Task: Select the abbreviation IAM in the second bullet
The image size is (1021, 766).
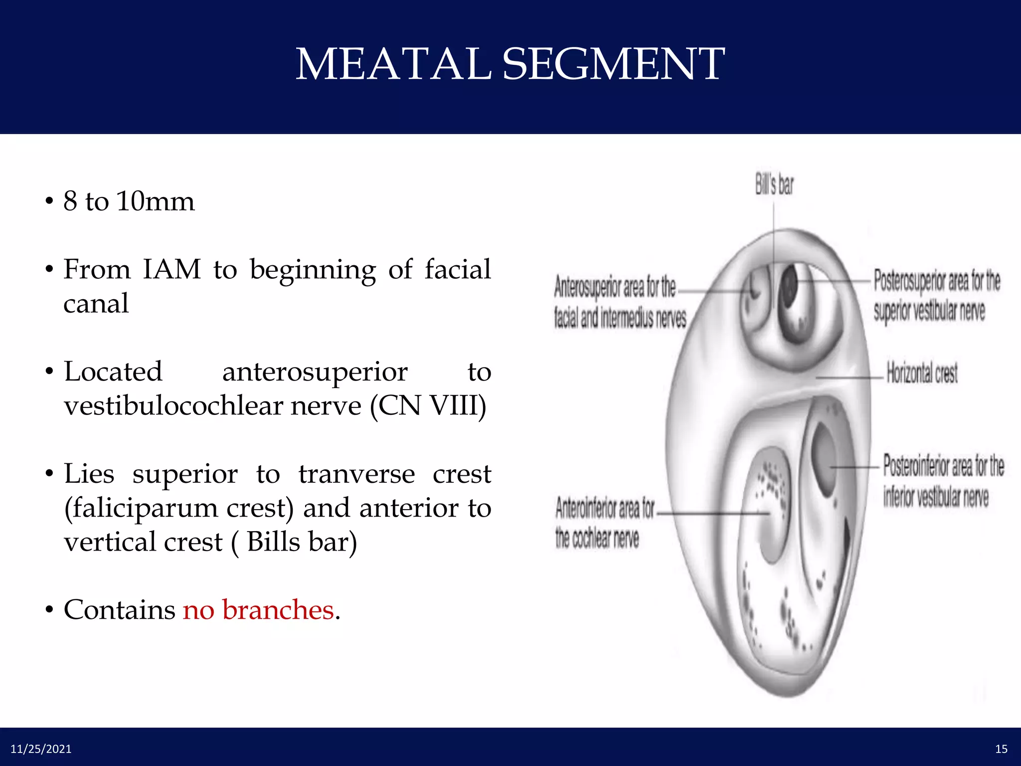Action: pos(172,269)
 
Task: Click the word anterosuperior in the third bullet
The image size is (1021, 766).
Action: pos(315,372)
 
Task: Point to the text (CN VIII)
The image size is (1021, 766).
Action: pos(428,405)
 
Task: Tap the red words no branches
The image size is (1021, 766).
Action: pos(258,609)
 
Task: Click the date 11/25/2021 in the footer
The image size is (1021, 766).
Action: pos(41,749)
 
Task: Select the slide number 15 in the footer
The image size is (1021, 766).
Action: pos(1001,749)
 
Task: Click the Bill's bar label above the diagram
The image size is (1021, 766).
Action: pos(774,185)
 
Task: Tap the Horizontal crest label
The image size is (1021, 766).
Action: pos(922,373)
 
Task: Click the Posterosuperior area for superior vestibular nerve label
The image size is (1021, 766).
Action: pos(936,295)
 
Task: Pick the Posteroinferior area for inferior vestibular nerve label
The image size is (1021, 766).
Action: pos(943,481)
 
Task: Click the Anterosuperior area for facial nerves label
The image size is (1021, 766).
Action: pos(620,302)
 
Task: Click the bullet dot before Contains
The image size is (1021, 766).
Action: pos(49,610)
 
